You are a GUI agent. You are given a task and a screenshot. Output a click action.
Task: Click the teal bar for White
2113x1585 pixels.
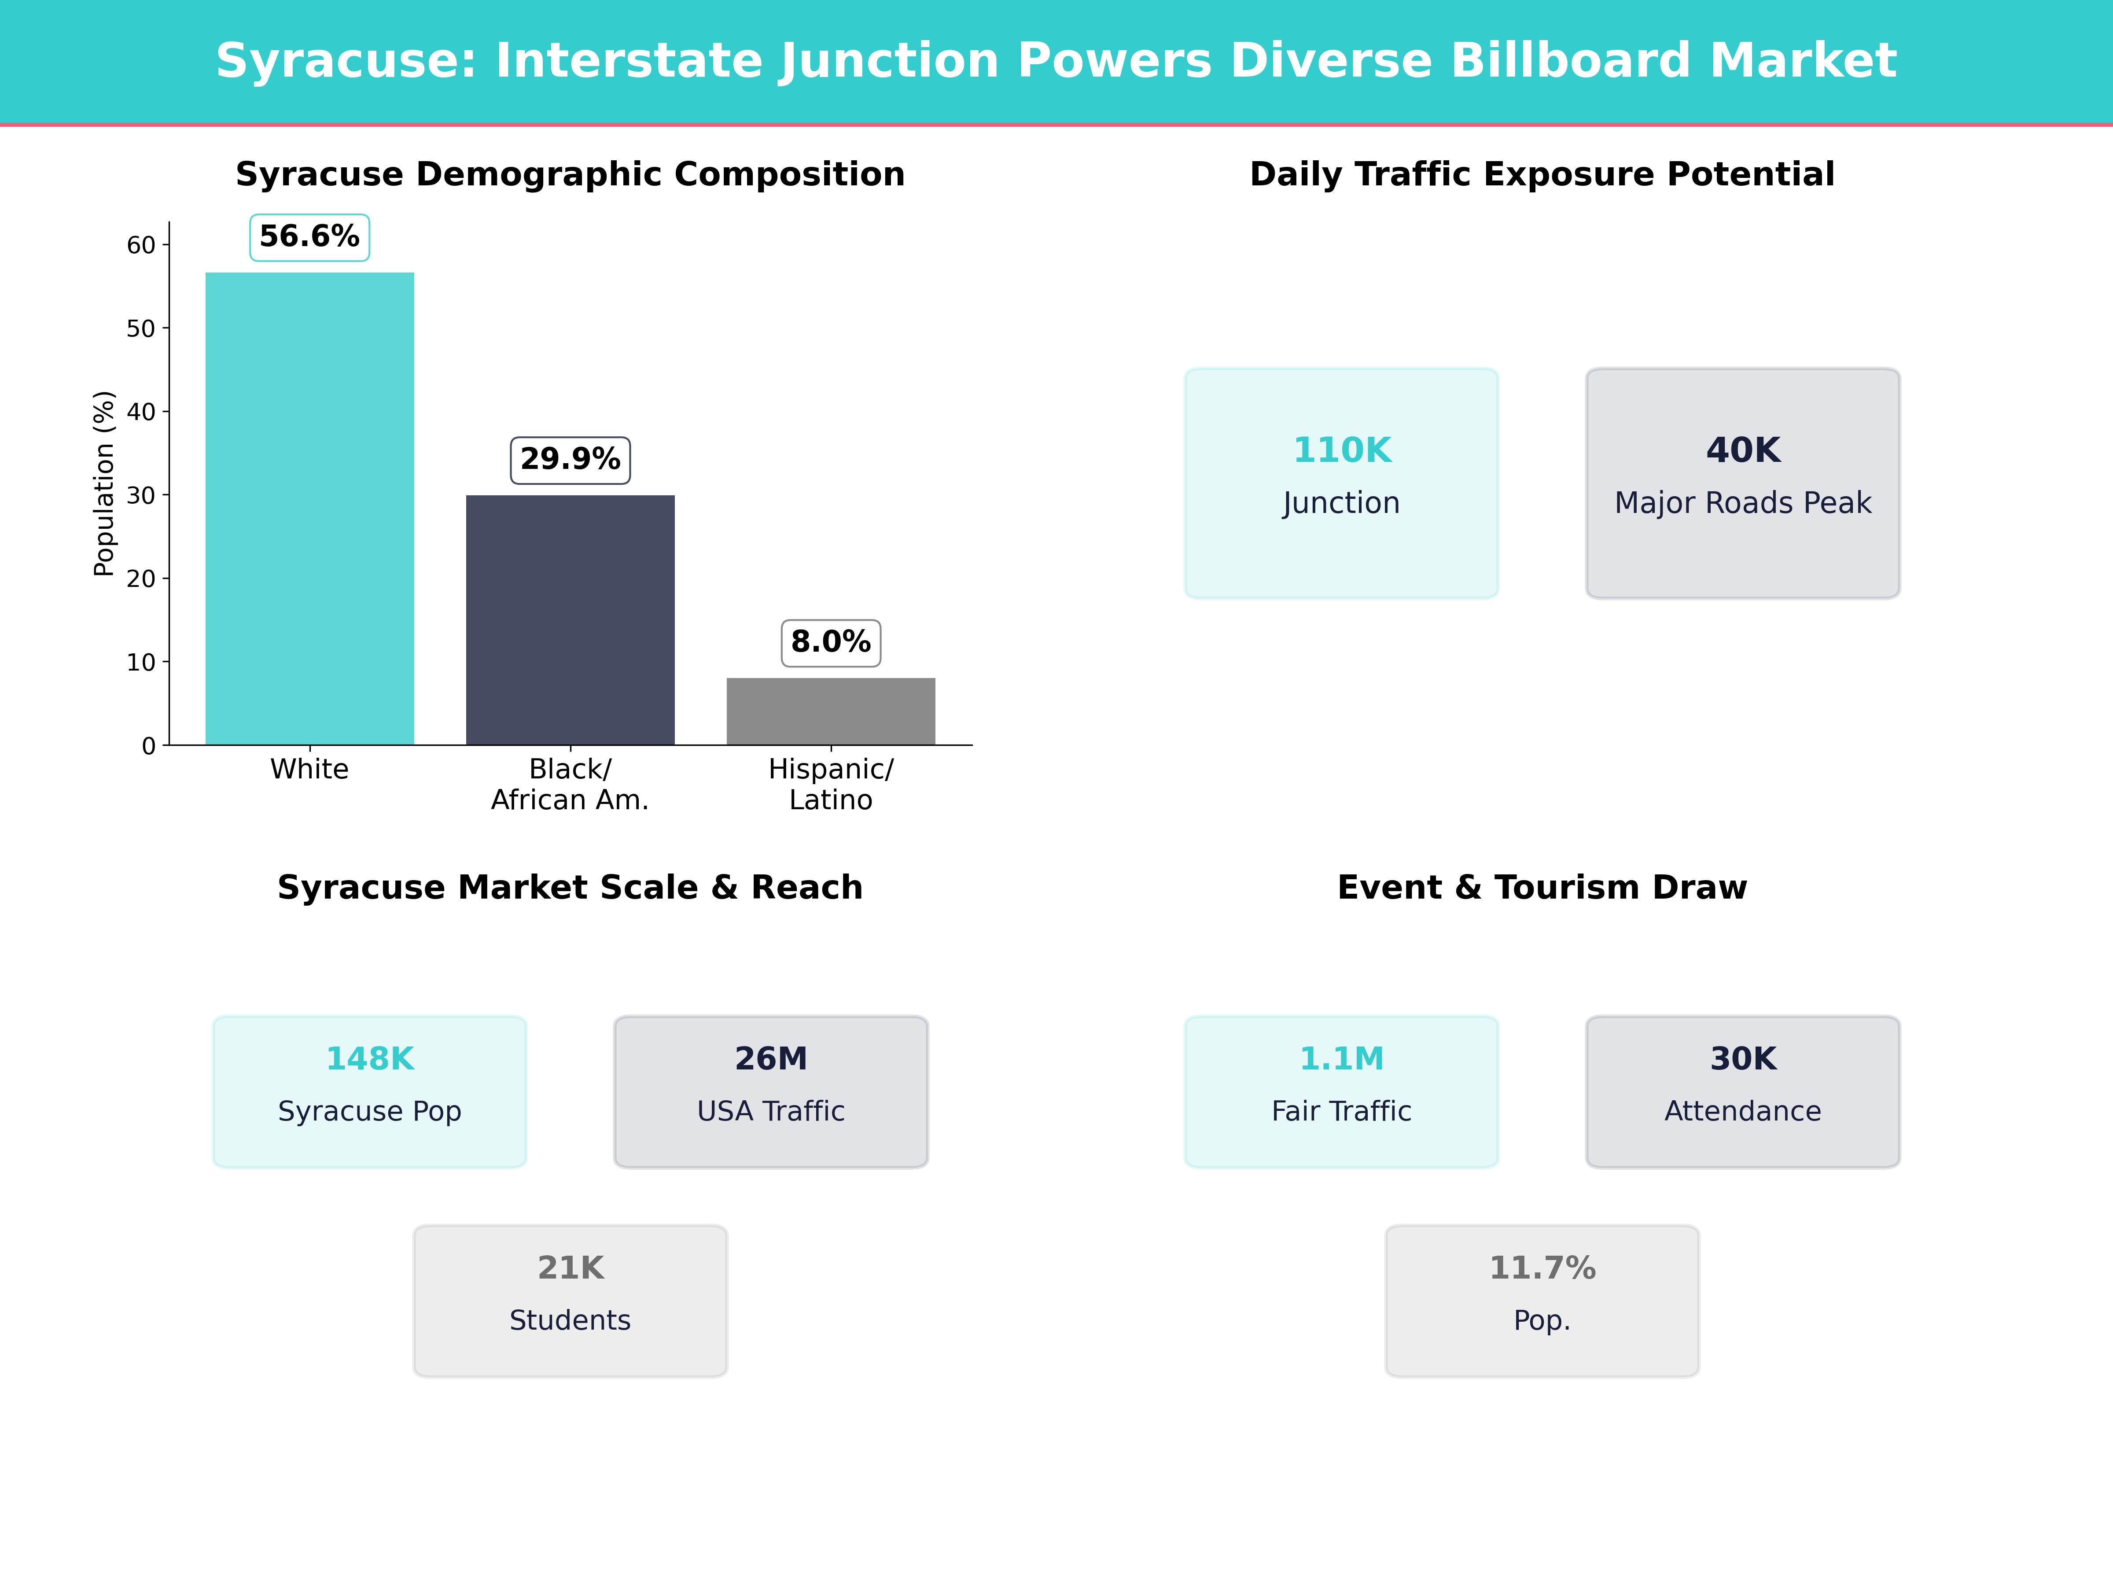pos(309,508)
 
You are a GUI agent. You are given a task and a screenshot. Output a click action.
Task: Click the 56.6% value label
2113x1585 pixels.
pos(309,237)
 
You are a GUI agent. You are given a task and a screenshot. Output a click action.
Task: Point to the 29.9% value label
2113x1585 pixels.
pos(570,460)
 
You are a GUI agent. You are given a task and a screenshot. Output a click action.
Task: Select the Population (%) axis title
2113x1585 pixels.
pos(104,483)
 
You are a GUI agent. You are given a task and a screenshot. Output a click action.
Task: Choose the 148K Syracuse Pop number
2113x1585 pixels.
pos(370,1058)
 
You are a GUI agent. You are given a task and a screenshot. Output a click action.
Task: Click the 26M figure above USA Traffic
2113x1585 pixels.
pos(771,1058)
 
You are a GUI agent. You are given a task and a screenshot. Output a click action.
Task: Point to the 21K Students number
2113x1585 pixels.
pos(570,1268)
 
